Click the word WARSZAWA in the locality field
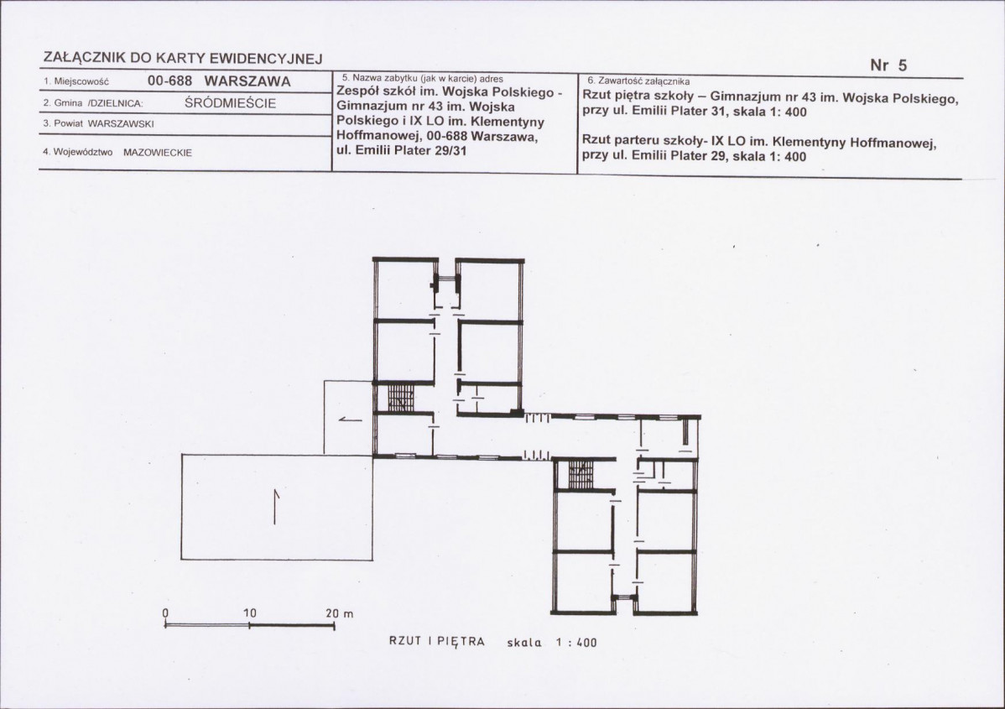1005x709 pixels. point(247,81)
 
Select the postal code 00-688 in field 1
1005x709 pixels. point(166,81)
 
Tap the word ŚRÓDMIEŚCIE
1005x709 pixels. point(230,103)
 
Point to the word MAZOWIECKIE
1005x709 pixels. point(158,153)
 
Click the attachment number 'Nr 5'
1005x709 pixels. point(888,65)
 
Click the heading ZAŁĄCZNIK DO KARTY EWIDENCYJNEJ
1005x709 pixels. point(183,59)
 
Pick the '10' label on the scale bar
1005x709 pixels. point(250,613)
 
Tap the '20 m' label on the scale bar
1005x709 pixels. point(340,613)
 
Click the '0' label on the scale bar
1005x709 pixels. point(165,613)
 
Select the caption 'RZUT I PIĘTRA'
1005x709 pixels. point(437,642)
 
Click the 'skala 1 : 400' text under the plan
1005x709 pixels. point(552,643)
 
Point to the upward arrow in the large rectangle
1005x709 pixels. point(276,507)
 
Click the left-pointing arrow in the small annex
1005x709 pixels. point(350,420)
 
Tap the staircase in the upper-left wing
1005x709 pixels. point(403,398)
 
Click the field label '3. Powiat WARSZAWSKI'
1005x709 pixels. point(99,124)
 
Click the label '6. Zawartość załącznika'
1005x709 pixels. point(639,81)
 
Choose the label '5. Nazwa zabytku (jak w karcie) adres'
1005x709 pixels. point(422,79)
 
